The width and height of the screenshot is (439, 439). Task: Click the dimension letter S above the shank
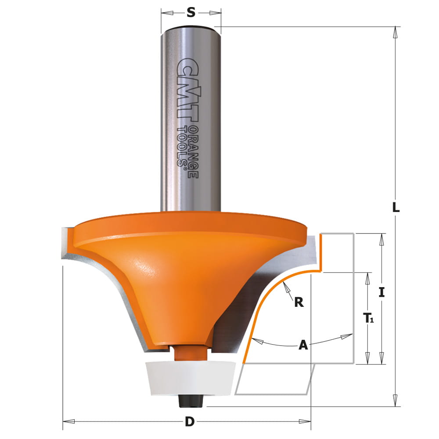pos(191,12)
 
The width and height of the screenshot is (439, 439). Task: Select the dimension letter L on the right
pos(396,208)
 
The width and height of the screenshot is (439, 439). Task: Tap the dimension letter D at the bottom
pos(190,421)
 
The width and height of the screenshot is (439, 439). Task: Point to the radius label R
pos(299,302)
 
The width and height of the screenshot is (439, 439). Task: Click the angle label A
pos(303,345)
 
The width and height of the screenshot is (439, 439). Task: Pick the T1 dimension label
pos(368,318)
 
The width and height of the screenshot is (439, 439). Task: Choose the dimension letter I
pos(381,292)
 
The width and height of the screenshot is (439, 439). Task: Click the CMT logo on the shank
pos(188,90)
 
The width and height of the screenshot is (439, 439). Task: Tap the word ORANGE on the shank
pos(193,152)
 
